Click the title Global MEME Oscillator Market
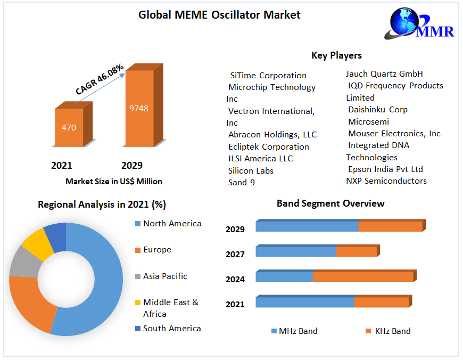click(219, 15)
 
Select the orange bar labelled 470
click(69, 127)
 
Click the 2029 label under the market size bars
click(132, 166)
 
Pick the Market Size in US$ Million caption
click(114, 182)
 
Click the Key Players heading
click(336, 55)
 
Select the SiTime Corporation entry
click(268, 76)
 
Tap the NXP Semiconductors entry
click(386, 181)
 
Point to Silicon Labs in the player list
click(251, 170)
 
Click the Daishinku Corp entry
click(378, 110)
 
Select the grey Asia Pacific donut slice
click(22, 263)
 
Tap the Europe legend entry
click(157, 250)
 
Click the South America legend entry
click(172, 329)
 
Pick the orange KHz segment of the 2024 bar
click(362, 277)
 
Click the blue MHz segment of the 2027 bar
click(295, 251)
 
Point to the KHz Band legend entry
click(392, 331)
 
